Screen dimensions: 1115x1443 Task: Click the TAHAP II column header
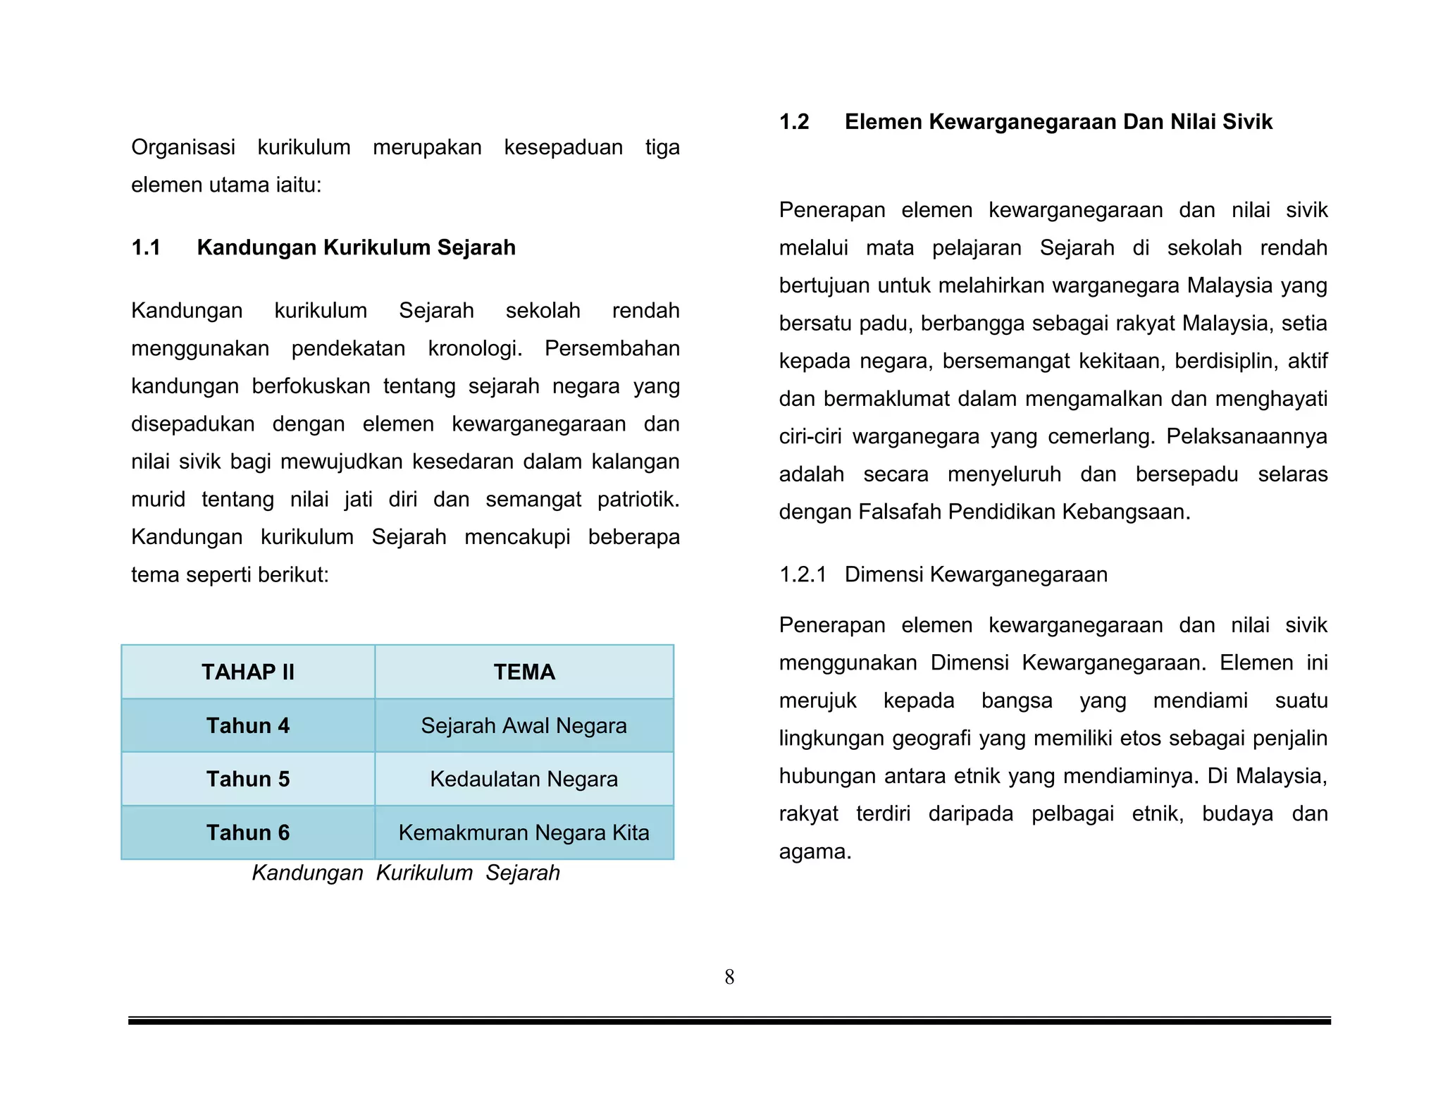click(248, 672)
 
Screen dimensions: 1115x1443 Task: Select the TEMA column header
click(524, 672)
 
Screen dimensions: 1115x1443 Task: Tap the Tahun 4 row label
click(248, 725)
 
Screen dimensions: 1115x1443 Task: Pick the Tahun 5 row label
click(248, 779)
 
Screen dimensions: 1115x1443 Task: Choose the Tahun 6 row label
click(248, 832)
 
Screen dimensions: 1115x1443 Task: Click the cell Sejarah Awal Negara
click(524, 725)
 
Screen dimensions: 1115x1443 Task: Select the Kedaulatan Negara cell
click(524, 779)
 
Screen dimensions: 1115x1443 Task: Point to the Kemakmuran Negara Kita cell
click(524, 832)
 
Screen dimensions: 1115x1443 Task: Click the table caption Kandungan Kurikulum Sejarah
click(406, 873)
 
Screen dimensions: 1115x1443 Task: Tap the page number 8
click(729, 977)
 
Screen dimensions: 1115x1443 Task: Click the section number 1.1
click(146, 247)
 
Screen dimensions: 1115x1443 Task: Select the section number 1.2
click(794, 122)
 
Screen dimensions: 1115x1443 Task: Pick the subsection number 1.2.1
click(802, 574)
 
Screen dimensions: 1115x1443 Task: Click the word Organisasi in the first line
click(183, 147)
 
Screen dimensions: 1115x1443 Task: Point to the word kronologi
click(475, 348)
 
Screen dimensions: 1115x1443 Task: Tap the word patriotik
click(638, 499)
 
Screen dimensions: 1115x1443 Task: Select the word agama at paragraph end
click(815, 851)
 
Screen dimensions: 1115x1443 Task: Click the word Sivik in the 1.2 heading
click(1247, 122)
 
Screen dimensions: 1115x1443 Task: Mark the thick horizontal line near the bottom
click(729, 1021)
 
